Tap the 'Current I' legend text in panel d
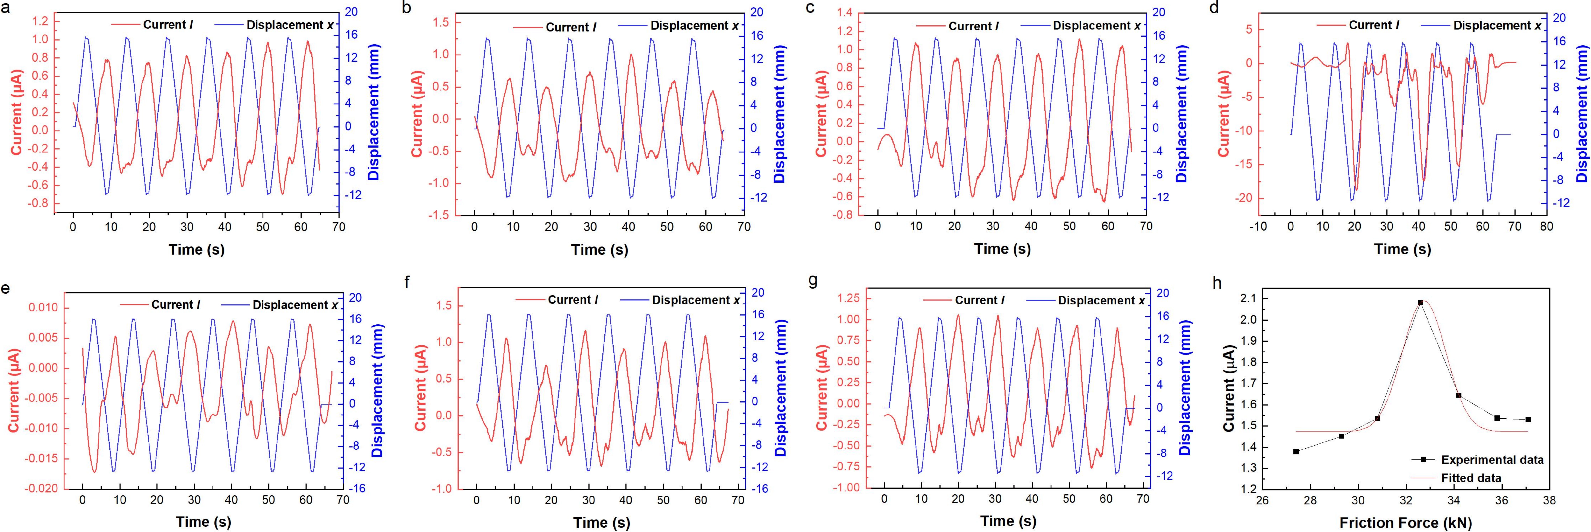pyautogui.click(x=1374, y=25)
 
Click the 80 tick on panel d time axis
pyautogui.click(x=1546, y=227)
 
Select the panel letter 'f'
pyautogui.click(x=406, y=283)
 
